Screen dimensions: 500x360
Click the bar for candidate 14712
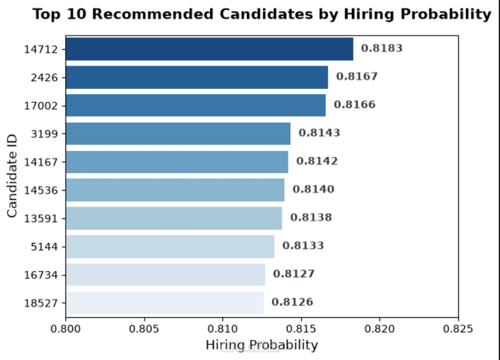click(210, 49)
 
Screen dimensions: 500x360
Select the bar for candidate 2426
click(197, 77)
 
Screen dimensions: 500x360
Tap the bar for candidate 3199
click(178, 134)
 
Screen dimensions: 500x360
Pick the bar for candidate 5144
click(170, 247)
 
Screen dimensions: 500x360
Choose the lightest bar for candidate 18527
click(165, 303)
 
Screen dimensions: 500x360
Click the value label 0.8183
click(382, 48)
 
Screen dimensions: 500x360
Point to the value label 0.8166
click(355, 105)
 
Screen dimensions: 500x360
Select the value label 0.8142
click(317, 161)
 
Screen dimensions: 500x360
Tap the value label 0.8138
click(311, 217)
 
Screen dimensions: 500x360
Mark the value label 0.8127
click(294, 274)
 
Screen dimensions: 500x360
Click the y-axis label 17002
click(41, 105)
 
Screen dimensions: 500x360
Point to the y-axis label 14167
click(41, 162)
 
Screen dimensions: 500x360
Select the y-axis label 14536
click(41, 190)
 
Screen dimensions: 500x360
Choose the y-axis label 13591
click(41, 218)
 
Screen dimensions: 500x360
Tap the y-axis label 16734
click(41, 275)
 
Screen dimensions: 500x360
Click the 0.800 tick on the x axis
click(66, 328)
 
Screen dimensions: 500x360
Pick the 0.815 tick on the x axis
click(301, 328)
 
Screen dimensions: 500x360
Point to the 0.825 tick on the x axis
click(458, 328)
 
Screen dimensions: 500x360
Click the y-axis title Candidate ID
click(12, 176)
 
